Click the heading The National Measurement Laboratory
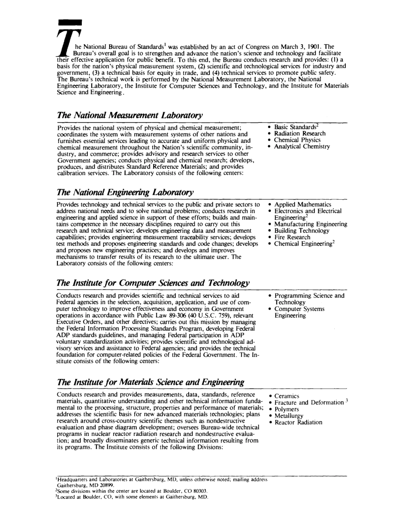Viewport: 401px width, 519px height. pos(130,116)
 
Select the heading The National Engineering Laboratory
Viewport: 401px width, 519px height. pos(125,192)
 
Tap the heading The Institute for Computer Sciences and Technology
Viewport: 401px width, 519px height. pos(153,283)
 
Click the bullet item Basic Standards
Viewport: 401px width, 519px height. pos(295,127)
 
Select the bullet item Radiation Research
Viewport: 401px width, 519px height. pos(300,134)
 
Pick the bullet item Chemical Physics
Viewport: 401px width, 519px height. pos(297,140)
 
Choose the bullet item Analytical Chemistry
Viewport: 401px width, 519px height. pos(302,147)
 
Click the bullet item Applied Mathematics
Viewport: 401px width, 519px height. pos(303,205)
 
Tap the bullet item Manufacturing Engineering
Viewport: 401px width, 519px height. pos(311,224)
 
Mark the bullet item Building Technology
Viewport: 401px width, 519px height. pos(301,231)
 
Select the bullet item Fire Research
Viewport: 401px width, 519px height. pos(292,237)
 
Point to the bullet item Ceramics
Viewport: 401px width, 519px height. pos(287,396)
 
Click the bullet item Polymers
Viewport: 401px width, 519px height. pos(287,409)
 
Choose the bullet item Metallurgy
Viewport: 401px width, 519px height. pos(289,416)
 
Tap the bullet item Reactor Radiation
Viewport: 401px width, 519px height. pos(298,422)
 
